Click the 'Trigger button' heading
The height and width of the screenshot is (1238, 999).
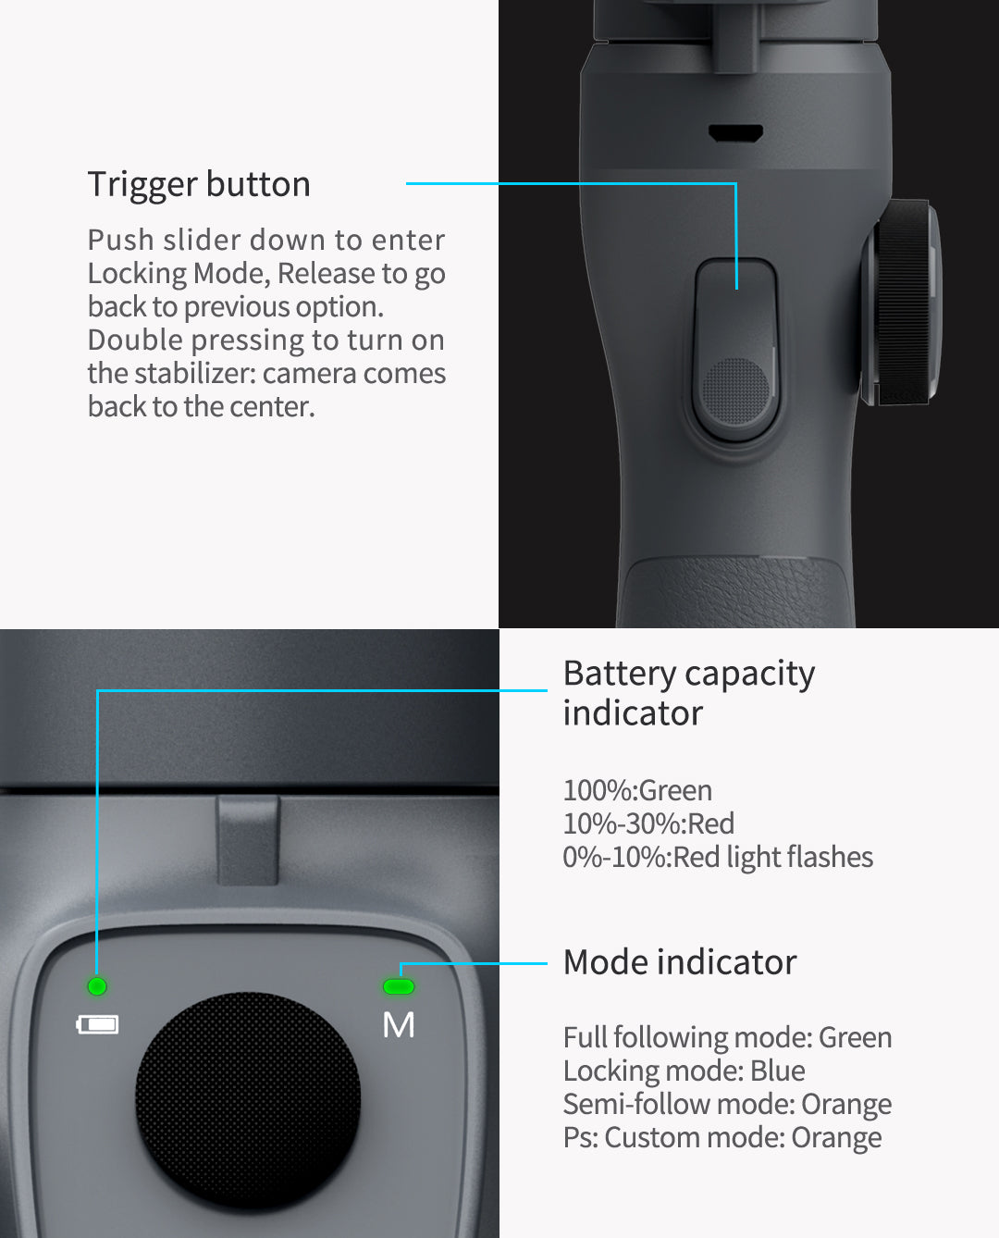coord(199,185)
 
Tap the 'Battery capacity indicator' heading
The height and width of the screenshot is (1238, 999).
coord(689,693)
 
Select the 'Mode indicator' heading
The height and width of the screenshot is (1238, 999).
coord(679,962)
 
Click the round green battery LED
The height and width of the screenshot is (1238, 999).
coord(97,986)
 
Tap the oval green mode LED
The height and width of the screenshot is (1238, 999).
coord(399,986)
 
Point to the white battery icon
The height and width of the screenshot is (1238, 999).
coord(98,1024)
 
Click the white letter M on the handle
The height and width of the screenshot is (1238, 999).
coord(399,1024)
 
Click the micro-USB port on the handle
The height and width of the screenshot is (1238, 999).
coord(735,133)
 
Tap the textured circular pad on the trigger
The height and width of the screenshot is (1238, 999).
coord(735,390)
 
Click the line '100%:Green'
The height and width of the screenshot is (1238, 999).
coord(637,790)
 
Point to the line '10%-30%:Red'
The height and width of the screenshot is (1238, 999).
coord(648,823)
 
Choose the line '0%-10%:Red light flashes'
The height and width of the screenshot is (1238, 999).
coord(718,858)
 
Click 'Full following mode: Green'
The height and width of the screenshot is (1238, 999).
coord(728,1037)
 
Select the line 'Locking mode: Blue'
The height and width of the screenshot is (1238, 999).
coord(684,1071)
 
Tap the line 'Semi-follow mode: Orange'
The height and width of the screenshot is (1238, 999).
coord(728,1105)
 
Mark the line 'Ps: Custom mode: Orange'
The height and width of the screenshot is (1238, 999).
coord(722,1137)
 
